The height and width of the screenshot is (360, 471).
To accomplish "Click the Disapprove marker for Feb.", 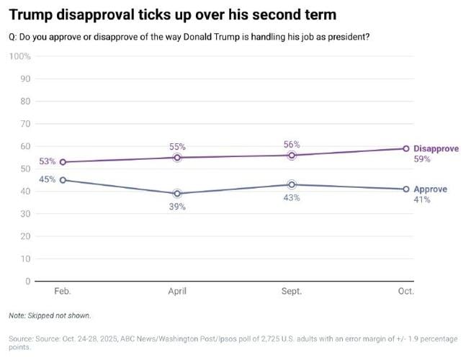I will [x=63, y=162].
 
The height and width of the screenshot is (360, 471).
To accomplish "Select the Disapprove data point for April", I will [x=177, y=157].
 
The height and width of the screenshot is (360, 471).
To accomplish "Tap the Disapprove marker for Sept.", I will [x=292, y=155].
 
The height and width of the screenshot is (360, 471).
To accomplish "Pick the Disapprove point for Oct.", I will [x=406, y=148].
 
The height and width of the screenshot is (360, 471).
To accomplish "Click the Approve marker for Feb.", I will [x=63, y=180].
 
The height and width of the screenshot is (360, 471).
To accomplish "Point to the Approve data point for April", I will [x=177, y=193].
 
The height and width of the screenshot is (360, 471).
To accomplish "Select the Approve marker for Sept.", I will [x=292, y=184].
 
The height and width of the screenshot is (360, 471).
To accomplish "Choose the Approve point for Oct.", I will [x=406, y=189].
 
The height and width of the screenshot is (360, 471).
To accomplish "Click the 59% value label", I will [x=422, y=159].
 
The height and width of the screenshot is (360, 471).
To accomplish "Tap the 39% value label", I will [x=177, y=207].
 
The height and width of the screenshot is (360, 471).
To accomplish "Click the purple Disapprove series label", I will [x=436, y=148].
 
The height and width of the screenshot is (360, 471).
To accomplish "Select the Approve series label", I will [x=430, y=189].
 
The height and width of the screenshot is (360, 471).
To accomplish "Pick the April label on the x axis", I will [x=177, y=292].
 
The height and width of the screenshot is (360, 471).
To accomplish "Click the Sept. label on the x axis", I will [x=292, y=292].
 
